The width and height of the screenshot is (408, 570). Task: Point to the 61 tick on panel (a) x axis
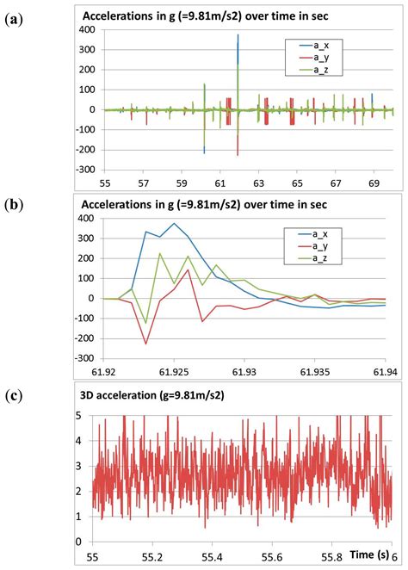tap(219, 184)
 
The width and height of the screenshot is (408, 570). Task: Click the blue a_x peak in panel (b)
tap(174, 223)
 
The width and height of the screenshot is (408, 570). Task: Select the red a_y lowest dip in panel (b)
tap(145, 344)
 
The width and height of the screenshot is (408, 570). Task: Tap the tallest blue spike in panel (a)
tap(238, 36)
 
